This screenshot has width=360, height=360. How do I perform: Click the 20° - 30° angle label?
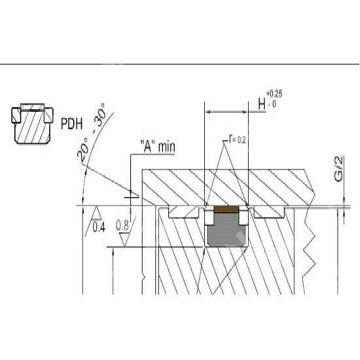(x=91, y=131)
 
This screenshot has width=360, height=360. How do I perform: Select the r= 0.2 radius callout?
(x=237, y=140)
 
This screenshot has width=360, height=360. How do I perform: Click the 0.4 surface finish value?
(x=98, y=228)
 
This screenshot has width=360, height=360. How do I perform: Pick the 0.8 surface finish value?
(x=122, y=226)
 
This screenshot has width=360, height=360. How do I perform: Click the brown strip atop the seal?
(x=226, y=209)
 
